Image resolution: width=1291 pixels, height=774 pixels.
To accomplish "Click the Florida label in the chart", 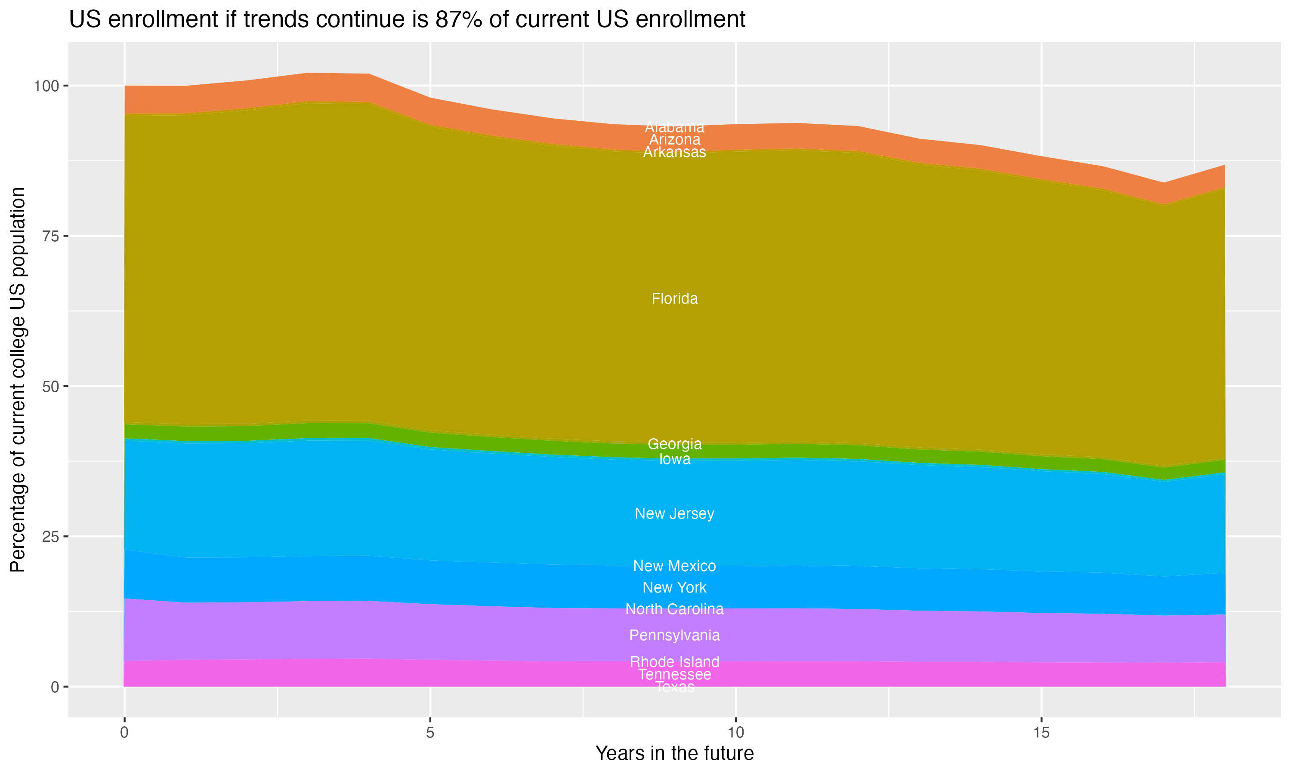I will click(674, 299).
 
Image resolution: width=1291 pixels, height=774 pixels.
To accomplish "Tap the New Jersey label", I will click(674, 514).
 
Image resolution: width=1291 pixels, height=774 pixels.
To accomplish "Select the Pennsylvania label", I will click(674, 635).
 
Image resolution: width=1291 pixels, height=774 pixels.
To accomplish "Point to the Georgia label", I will click(674, 444).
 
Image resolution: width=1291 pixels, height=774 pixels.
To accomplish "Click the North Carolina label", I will click(674, 609).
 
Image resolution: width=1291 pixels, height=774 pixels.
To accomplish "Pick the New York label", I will click(674, 588).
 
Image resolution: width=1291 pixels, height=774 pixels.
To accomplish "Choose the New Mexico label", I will click(674, 566).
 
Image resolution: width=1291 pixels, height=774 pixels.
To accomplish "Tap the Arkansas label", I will click(674, 152).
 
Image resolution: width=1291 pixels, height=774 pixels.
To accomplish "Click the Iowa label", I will click(674, 459).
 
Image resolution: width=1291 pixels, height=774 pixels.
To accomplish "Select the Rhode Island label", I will click(674, 662).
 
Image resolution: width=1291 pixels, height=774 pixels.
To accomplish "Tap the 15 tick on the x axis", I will click(1041, 733).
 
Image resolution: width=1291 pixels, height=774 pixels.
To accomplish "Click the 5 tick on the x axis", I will click(430, 733).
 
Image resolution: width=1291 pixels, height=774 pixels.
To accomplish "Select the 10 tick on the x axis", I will click(735, 733).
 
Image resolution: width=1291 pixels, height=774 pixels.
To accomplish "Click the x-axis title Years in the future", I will click(674, 754).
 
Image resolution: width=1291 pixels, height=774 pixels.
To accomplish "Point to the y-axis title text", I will click(18, 380).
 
